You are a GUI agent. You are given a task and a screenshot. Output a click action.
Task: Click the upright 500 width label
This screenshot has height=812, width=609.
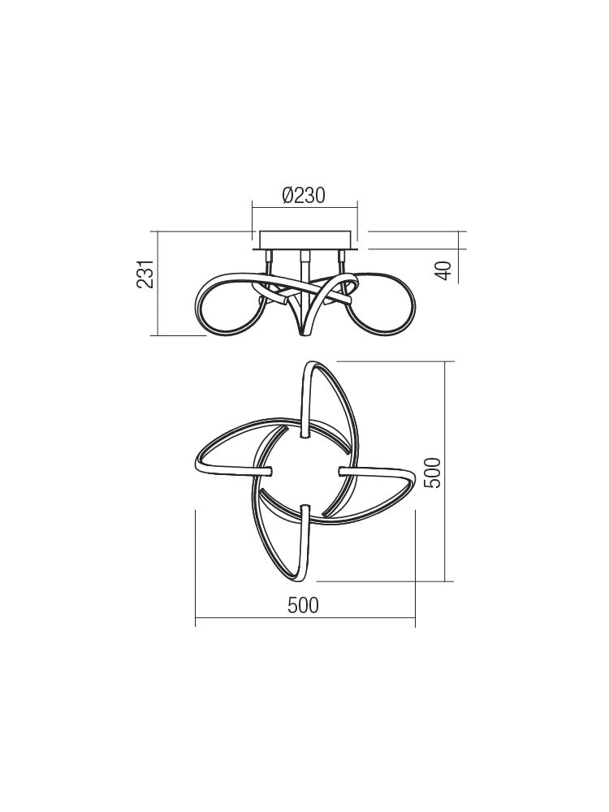point(303,606)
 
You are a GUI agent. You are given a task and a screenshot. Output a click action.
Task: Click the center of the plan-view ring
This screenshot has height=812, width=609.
point(304,471)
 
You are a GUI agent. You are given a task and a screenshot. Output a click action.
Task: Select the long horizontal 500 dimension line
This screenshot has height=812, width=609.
point(305,620)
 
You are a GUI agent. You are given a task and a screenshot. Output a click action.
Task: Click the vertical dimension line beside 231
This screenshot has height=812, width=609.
point(157,283)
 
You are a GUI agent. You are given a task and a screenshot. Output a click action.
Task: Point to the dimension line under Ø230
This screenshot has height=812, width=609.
point(304,208)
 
